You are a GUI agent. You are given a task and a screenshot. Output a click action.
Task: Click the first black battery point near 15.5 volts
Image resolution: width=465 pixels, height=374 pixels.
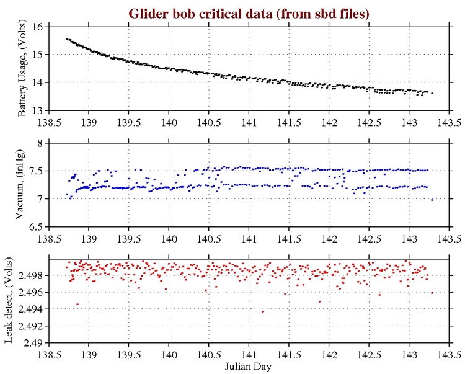pos(66,39)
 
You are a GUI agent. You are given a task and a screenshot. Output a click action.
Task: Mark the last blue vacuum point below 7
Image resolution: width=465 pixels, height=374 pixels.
pos(432,200)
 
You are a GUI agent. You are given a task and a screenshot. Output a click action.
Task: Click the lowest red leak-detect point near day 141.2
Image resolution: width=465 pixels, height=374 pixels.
pos(263,311)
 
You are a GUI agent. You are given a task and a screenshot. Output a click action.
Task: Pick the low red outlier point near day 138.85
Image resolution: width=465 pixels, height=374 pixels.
pos(77,304)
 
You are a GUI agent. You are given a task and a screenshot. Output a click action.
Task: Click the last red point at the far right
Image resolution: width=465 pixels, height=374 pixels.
pos(432,293)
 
